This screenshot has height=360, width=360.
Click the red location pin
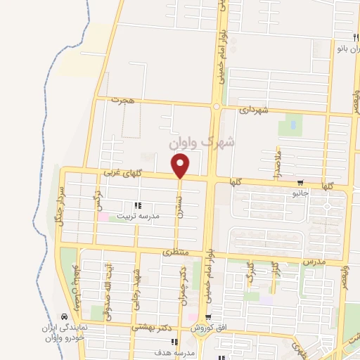181,166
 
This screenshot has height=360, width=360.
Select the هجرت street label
121,101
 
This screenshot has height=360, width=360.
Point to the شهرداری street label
254,110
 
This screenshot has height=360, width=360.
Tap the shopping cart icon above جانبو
300,181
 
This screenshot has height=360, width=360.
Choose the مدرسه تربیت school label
138,216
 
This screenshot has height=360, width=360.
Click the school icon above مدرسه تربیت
138,206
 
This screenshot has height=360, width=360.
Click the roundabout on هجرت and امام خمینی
217,106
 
